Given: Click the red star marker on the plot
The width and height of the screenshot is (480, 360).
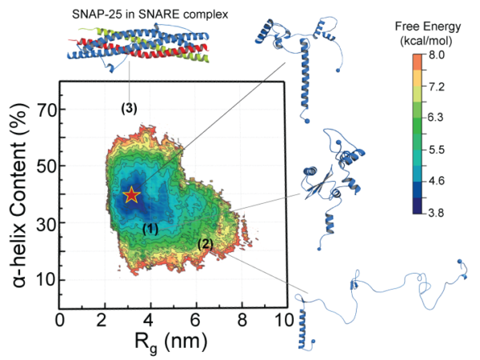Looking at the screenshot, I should pos(132,194).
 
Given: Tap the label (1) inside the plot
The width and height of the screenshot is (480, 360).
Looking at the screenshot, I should pos(150,229).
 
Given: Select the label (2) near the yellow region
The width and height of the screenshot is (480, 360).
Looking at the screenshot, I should pos(206,244).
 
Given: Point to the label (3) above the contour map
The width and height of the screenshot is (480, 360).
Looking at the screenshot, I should pos(130,108).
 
